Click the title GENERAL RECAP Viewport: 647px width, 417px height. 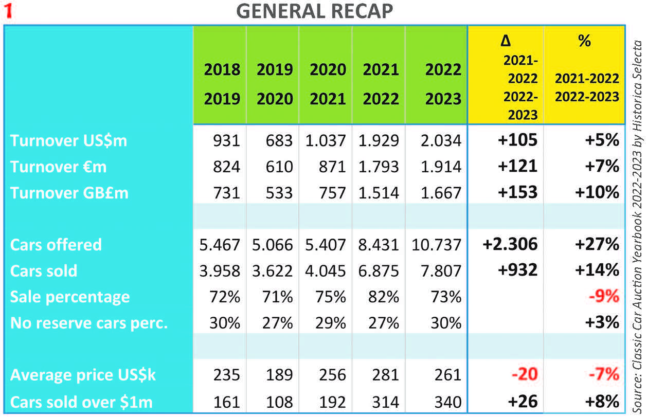[x=314, y=11]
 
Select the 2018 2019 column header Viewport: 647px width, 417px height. [x=222, y=84]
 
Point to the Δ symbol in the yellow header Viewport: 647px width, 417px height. [x=506, y=41]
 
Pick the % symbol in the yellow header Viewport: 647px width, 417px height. [x=584, y=41]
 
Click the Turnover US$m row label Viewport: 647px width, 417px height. [x=68, y=140]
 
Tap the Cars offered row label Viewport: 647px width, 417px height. [x=56, y=245]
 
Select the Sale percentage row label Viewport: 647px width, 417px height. [x=70, y=297]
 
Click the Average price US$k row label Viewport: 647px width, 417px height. [x=83, y=375]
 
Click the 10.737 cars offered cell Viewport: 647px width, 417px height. [x=437, y=245]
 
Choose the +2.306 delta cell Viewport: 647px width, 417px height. [x=510, y=245]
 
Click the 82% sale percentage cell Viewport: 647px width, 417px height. [x=384, y=297]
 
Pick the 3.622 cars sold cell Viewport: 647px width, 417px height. [x=272, y=271]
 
